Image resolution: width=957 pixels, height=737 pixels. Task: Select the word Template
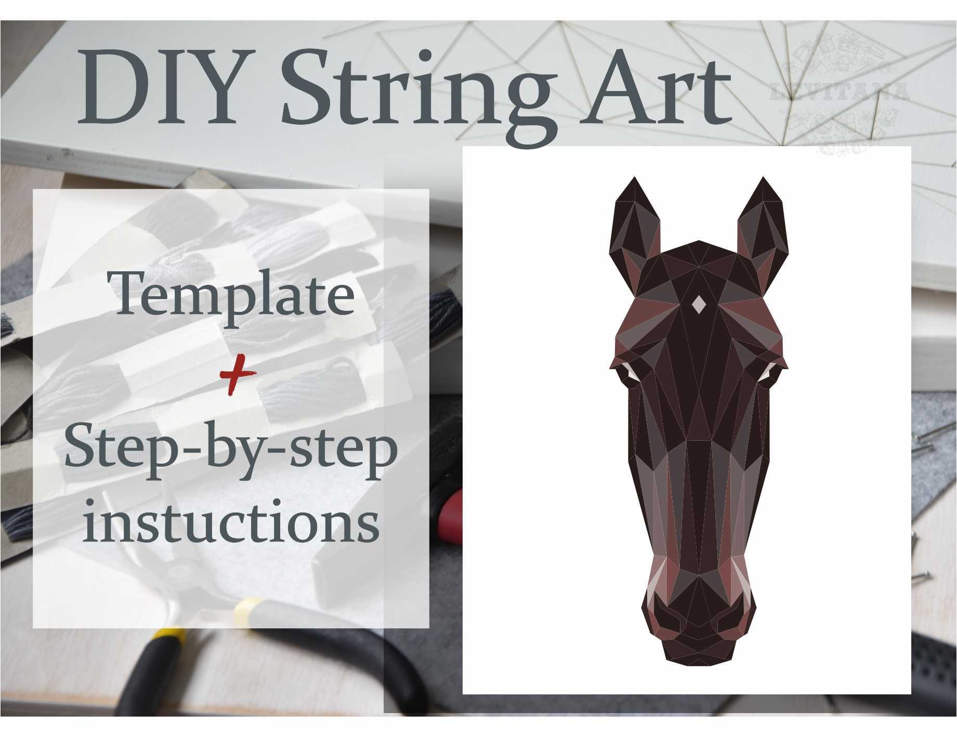pos(234,295)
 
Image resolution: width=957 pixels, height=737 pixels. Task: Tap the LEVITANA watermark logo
pos(840,94)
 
